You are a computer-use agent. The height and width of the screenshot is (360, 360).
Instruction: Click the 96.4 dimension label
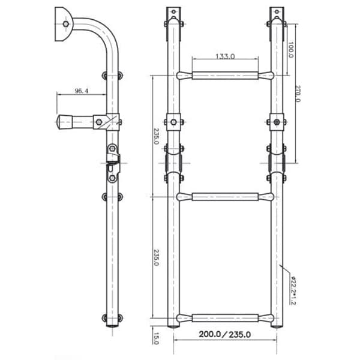pyautogui.click(x=82, y=91)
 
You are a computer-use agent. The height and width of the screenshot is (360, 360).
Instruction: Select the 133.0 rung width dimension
pyautogui.click(x=225, y=56)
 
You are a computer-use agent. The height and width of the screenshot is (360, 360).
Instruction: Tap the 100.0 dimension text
pyautogui.click(x=290, y=50)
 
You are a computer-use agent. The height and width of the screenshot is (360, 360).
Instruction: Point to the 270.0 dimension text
pyautogui.click(x=298, y=94)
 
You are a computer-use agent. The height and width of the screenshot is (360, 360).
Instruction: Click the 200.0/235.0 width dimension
pyautogui.click(x=225, y=334)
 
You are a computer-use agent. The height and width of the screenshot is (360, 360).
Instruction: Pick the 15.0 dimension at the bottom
pyautogui.click(x=156, y=338)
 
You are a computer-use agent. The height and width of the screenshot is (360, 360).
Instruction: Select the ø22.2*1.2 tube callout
pyautogui.click(x=293, y=290)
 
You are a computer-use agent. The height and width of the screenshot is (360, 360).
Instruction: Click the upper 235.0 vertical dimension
pyautogui.click(x=156, y=136)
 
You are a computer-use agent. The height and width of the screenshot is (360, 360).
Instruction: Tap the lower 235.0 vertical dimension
pyautogui.click(x=156, y=257)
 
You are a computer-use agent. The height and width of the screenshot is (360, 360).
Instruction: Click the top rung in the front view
pyautogui.click(x=225, y=76)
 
